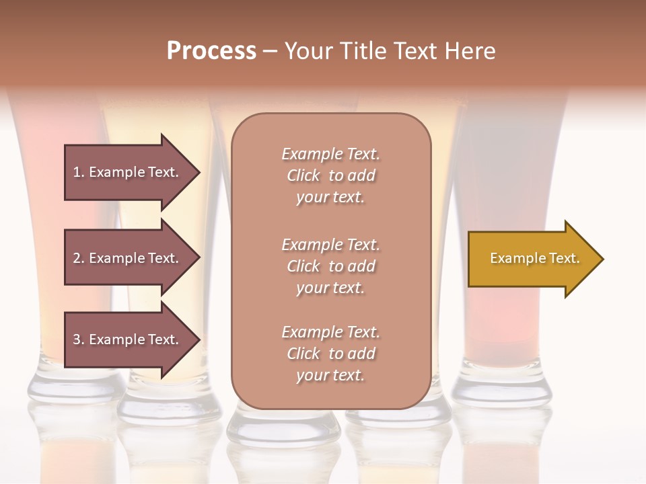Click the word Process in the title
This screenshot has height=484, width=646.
(x=211, y=51)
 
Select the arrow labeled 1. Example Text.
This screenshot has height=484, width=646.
(x=128, y=172)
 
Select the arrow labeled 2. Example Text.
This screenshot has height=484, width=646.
(x=128, y=258)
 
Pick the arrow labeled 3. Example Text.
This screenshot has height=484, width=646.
(x=128, y=339)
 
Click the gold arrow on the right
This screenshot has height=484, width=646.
(x=532, y=259)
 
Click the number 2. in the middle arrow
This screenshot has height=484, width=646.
(x=79, y=258)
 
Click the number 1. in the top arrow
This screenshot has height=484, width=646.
(x=79, y=172)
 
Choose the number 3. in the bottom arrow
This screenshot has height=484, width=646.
(x=79, y=339)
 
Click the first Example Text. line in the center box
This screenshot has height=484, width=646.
(x=330, y=154)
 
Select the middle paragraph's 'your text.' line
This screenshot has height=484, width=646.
(x=330, y=288)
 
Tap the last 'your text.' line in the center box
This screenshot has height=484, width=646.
(x=330, y=375)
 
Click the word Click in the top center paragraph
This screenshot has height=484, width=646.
(x=303, y=175)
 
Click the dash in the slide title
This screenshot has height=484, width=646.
(x=270, y=51)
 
